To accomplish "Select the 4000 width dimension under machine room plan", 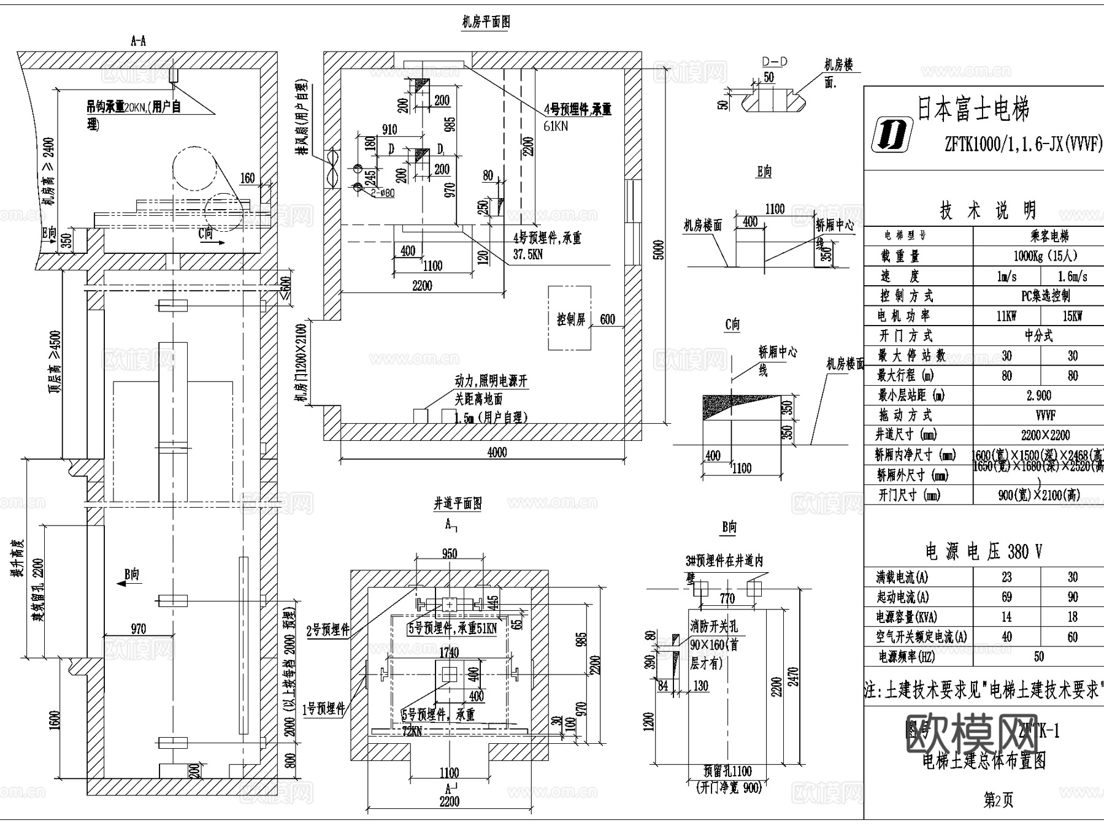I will click(x=497, y=453).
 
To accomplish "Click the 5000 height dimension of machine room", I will click(x=659, y=250).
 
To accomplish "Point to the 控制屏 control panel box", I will click(x=570, y=319).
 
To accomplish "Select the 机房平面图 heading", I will click(x=486, y=23).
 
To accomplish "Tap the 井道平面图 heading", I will click(x=458, y=504).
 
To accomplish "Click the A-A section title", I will click(x=139, y=41).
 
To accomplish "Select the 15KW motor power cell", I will click(x=1072, y=316).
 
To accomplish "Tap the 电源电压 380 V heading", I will click(x=983, y=551).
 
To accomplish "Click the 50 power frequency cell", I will click(x=1038, y=657).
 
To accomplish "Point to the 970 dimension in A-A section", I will click(x=139, y=629).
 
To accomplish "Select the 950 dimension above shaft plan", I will click(x=450, y=554).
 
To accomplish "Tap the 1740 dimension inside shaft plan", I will click(x=449, y=652).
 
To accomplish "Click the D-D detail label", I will click(x=774, y=62).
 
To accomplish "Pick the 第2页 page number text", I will click(x=998, y=800).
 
